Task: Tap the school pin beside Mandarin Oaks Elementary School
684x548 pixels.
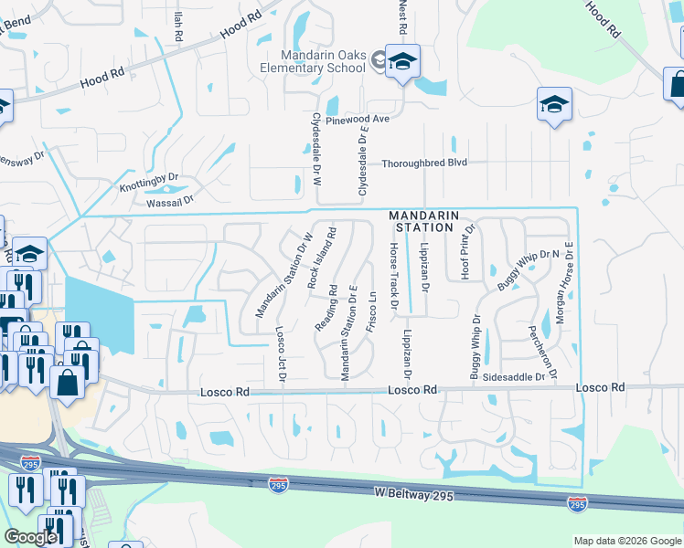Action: click(x=401, y=63)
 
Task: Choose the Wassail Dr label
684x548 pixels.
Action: click(x=164, y=200)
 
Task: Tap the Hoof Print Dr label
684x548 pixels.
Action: click(x=468, y=248)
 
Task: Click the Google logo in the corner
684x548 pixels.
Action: click(x=30, y=537)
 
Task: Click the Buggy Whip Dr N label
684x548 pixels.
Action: click(x=528, y=271)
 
